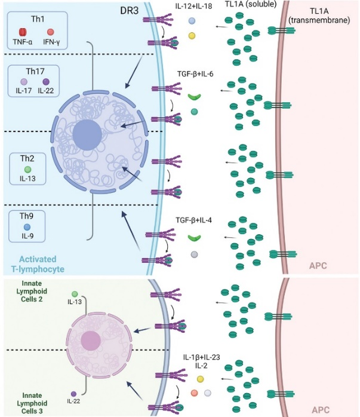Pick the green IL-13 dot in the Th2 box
pyautogui.click(x=27, y=170)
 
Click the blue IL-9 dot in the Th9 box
pyautogui.click(x=27, y=228)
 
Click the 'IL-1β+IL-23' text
pyautogui.click(x=201, y=357)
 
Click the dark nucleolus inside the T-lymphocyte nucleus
pyautogui.click(x=86, y=134)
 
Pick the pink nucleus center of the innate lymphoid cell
pyautogui.click(x=91, y=341)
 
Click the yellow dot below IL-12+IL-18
pyautogui.click(x=192, y=36)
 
